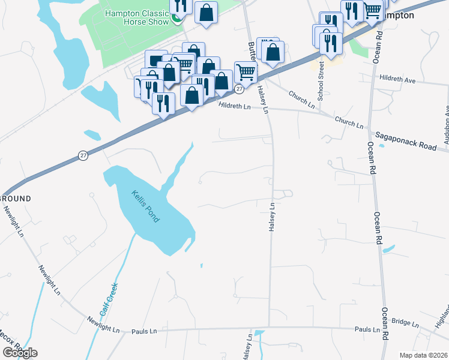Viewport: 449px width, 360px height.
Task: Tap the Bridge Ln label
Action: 406,323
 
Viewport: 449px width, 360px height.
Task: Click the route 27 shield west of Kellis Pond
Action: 83,155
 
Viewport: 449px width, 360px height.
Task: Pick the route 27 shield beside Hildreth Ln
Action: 239,89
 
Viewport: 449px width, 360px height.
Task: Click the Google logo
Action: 20,353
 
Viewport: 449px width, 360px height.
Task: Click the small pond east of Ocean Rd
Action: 389,248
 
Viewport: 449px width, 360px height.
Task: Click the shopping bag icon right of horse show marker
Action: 206,12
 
